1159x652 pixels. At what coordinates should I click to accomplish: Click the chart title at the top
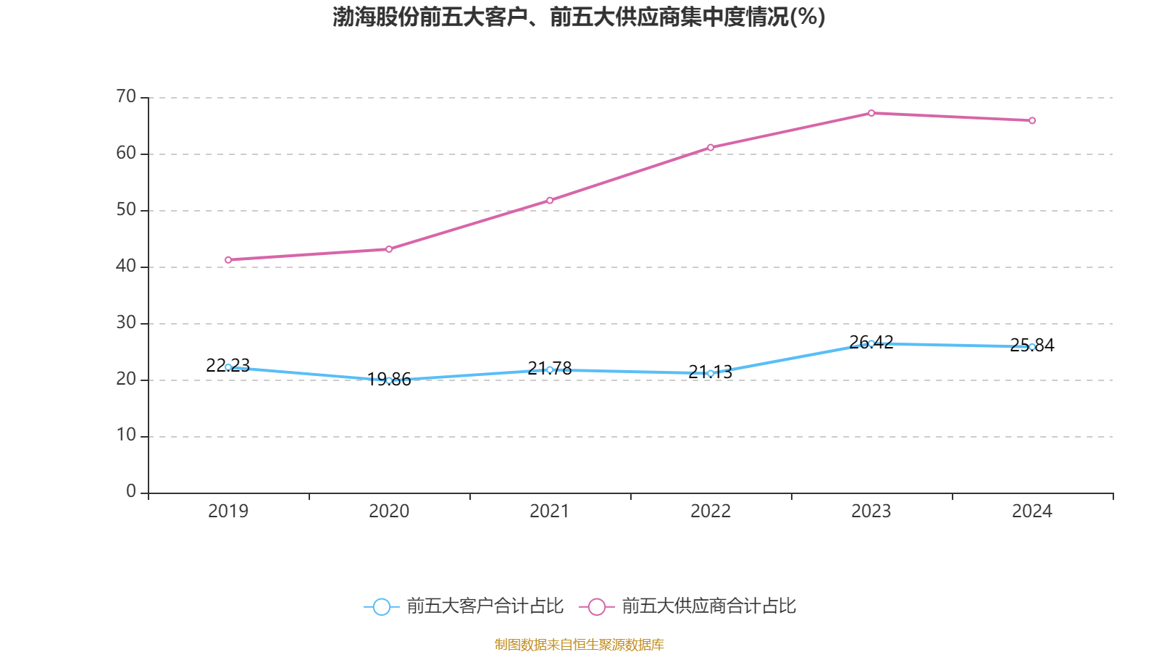(579, 17)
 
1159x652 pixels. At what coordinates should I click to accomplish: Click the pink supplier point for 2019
(228, 259)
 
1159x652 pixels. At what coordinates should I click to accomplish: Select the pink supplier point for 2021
(550, 200)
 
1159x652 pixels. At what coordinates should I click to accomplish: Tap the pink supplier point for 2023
(871, 113)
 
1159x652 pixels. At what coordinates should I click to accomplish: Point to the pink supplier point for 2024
(1032, 120)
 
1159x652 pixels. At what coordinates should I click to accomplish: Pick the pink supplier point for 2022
(711, 147)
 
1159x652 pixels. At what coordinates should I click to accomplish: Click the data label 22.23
(227, 365)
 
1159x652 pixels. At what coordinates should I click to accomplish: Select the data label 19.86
(389, 379)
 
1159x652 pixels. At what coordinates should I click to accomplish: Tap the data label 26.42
(871, 342)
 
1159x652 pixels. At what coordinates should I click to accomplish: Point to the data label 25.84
(1032, 345)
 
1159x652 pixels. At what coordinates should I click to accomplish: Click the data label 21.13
(711, 372)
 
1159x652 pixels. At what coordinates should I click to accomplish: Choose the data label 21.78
(550, 368)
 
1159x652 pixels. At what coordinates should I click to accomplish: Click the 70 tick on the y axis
(126, 96)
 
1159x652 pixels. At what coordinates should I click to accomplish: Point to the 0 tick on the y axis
(131, 492)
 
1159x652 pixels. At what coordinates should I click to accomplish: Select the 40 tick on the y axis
(126, 266)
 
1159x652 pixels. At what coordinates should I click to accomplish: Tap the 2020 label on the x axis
(389, 511)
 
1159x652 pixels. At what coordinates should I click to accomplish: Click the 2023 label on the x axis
(871, 511)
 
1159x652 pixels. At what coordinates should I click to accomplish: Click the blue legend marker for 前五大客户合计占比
(381, 606)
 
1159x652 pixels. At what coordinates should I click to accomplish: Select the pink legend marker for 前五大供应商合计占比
(596, 606)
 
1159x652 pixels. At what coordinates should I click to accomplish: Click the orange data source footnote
(579, 644)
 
